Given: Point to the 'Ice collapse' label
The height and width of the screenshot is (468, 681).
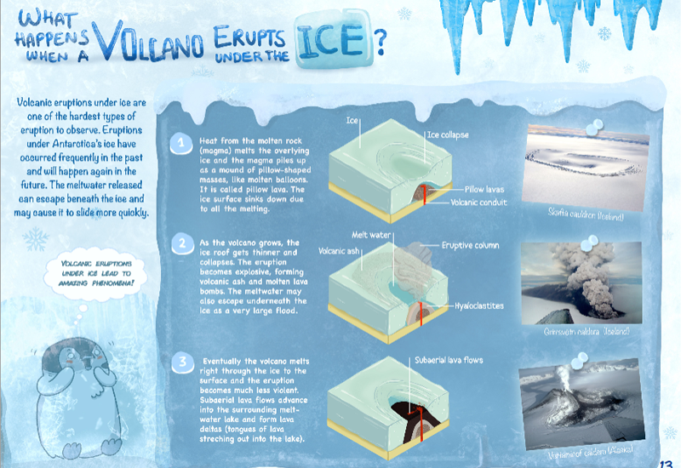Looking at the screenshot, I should [x=446, y=134].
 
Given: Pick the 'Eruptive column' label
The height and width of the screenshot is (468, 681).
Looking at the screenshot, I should [x=469, y=246].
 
